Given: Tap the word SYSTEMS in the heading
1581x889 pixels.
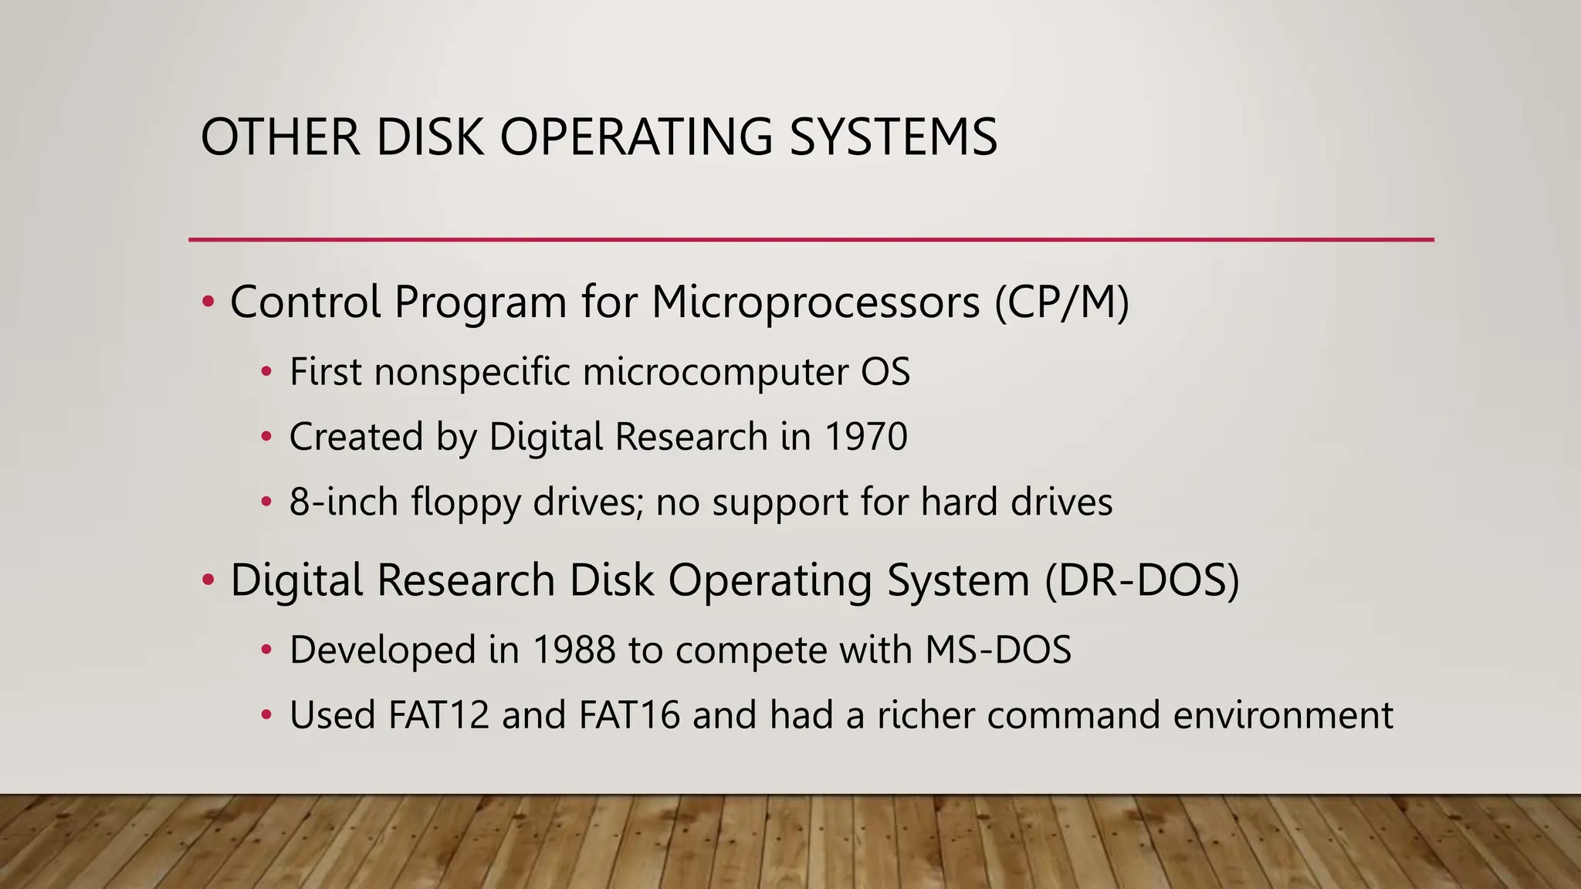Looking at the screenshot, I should point(893,137).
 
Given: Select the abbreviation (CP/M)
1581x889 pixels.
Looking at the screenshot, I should point(1061,302).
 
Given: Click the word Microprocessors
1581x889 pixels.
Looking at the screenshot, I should point(815,302).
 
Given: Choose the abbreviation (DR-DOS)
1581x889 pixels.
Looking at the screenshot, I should point(1142,580).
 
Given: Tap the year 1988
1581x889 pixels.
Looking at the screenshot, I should point(574,650).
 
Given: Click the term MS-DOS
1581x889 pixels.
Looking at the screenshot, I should point(998,650).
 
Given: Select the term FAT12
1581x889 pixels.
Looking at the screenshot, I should point(438,715).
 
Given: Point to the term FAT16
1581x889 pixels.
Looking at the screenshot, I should point(629,715).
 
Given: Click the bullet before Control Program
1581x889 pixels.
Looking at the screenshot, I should point(208,302).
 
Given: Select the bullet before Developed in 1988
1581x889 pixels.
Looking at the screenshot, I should point(266,650).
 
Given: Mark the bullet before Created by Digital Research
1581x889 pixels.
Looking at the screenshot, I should point(266,437).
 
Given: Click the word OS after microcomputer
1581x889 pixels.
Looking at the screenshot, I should point(885,372).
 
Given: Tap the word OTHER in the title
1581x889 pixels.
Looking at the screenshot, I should point(280,137).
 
